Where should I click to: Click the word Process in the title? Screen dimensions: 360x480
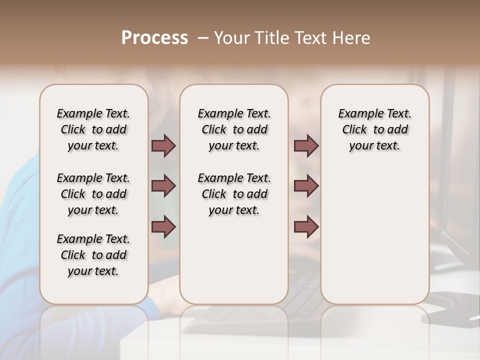[154, 38]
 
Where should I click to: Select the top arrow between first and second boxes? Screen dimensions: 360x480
[163, 145]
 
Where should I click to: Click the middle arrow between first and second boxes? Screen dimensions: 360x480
[163, 186]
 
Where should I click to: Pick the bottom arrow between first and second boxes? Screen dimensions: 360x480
[163, 227]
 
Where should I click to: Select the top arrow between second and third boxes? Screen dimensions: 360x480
[306, 145]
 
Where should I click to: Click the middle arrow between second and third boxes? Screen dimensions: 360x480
[306, 186]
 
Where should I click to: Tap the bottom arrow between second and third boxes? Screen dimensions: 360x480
[306, 227]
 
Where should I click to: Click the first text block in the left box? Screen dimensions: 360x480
[93, 129]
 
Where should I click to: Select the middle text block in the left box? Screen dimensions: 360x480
[93, 194]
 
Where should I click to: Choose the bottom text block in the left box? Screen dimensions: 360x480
[93, 255]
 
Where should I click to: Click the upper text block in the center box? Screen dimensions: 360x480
[234, 129]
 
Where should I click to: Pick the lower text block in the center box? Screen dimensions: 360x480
[234, 194]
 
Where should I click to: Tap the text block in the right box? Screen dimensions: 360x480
[375, 129]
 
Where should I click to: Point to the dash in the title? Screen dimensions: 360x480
[203, 38]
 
